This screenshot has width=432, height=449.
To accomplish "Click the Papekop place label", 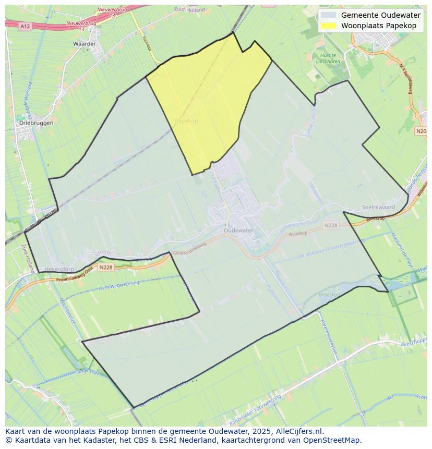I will (186, 120).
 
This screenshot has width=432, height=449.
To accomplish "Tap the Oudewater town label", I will (238, 230).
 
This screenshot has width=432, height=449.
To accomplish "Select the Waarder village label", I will (85, 44).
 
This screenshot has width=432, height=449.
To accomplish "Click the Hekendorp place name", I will (59, 269).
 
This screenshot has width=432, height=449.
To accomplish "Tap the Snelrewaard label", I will (378, 208).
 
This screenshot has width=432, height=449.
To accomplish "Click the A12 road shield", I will (25, 26).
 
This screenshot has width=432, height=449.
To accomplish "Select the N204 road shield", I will (422, 131).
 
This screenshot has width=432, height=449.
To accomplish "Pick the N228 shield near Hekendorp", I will (105, 268).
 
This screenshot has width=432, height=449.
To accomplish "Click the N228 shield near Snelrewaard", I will (330, 225).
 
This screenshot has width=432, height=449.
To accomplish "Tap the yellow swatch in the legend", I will (329, 26).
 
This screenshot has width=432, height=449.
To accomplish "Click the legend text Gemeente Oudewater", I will (380, 15).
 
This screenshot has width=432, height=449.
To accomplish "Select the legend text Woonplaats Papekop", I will (378, 26).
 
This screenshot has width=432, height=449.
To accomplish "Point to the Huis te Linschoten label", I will (328, 58).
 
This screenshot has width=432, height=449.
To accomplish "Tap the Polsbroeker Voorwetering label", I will (255, 405).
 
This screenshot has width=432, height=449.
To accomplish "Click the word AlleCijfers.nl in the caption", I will (298, 431).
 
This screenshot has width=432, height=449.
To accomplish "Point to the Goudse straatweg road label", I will (189, 248).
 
